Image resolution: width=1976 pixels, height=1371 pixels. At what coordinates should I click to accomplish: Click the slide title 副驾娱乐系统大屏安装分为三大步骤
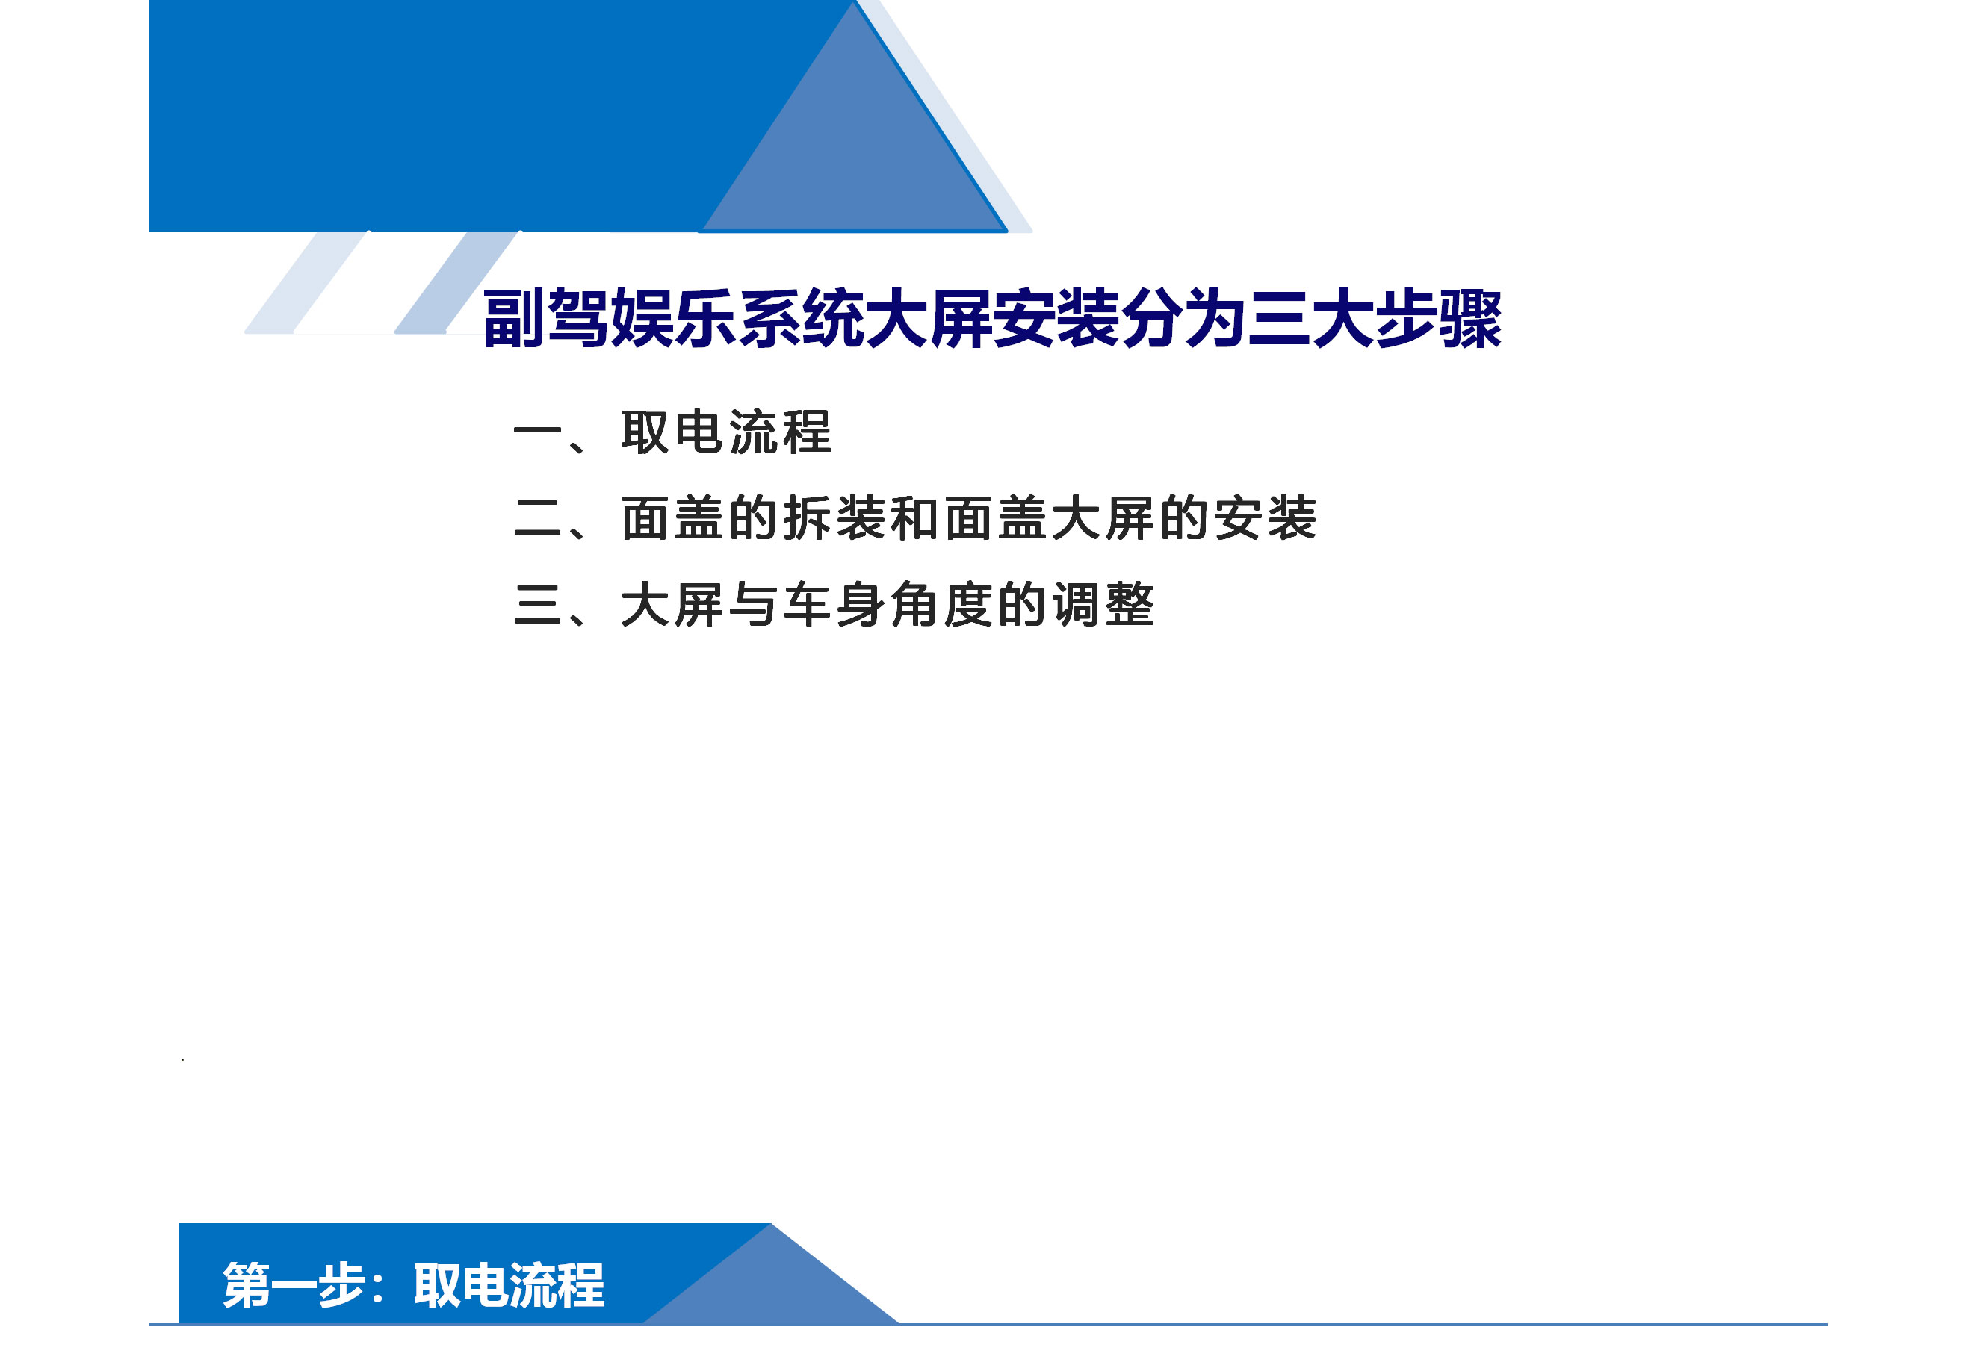click(992, 319)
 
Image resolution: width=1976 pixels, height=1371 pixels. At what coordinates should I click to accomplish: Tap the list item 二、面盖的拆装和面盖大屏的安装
click(914, 518)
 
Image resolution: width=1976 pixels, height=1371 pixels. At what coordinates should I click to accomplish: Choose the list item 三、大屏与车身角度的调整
click(834, 605)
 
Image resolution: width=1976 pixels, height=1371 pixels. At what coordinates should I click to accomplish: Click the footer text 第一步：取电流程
click(413, 1285)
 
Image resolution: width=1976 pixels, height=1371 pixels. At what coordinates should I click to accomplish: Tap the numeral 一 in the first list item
click(537, 432)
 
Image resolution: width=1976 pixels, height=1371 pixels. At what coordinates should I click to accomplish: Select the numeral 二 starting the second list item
click(537, 518)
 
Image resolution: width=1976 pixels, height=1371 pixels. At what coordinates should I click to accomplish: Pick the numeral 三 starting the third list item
click(537, 605)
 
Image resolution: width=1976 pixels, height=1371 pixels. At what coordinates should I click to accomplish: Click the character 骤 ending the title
click(1471, 319)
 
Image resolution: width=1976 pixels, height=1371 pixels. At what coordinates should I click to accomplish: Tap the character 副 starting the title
click(514, 319)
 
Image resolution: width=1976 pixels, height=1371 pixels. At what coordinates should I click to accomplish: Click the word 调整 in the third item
click(1103, 605)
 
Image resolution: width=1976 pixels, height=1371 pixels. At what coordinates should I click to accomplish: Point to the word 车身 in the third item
click(834, 605)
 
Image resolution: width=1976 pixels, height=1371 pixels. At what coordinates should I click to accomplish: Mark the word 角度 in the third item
click(942, 605)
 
